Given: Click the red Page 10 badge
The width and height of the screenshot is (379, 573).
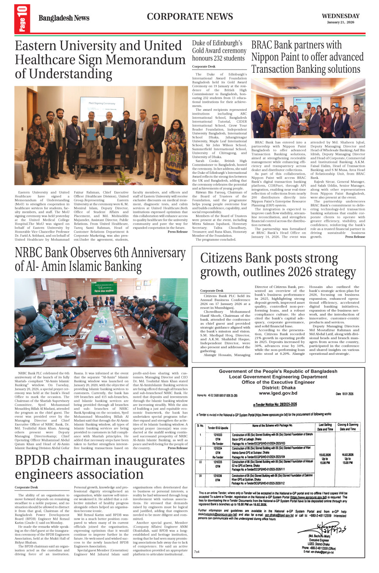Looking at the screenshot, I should [x=22, y=19].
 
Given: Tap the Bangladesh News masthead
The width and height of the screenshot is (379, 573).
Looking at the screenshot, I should [x=64, y=18].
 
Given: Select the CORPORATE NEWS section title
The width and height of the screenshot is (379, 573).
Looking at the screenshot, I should [x=190, y=16].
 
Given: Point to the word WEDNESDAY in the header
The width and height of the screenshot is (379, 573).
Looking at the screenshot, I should [x=341, y=16].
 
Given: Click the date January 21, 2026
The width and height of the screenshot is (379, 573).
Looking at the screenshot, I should [x=341, y=22].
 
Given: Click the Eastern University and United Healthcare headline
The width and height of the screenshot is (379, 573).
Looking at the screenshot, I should [x=100, y=59].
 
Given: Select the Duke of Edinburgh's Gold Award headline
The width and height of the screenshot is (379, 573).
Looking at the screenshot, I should [x=219, y=51].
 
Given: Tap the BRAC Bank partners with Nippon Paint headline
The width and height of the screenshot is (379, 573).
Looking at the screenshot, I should [x=307, y=57].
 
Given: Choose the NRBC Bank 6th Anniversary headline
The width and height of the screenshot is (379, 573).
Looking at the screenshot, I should [x=100, y=259].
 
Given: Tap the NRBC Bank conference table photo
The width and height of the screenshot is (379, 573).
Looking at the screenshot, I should [x=101, y=322].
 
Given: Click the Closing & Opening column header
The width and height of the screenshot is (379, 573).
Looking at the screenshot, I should [x=347, y=427].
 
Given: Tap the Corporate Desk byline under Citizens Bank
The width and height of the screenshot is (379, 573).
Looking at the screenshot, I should [x=212, y=291].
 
